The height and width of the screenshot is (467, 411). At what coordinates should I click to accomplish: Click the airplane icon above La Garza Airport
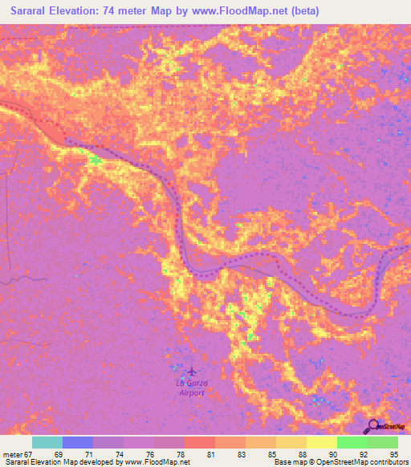click(191, 372)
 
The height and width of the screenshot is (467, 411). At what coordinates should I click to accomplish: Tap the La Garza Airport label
click(191, 388)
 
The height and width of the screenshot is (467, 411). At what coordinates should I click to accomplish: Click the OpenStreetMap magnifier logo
click(372, 426)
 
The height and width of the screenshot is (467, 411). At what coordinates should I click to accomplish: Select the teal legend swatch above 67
click(47, 442)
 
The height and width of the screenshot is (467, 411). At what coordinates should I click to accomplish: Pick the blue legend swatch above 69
click(78, 442)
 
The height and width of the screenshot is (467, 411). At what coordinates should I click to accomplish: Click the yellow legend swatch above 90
click(322, 442)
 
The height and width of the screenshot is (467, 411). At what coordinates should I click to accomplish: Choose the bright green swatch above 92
click(352, 442)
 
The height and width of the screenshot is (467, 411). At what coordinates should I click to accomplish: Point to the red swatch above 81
click(200, 442)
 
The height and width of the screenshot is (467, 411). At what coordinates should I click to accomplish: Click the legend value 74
click(108, 454)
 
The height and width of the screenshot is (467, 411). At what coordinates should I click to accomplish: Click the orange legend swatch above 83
click(230, 442)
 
